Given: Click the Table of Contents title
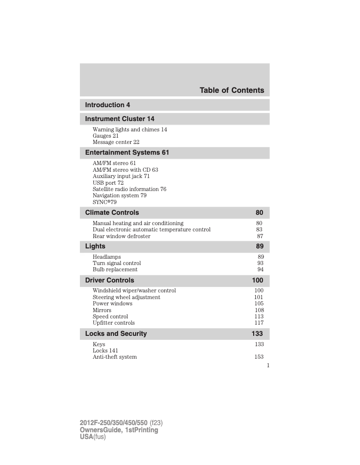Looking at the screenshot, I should pos(232,90).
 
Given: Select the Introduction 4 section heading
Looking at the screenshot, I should pos(108,105).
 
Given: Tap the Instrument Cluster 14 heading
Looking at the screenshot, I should pos(119,119).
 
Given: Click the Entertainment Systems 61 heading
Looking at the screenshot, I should pos(127,152).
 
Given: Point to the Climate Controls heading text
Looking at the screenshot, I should pos(112,213).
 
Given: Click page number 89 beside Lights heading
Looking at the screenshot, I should pos(260,246).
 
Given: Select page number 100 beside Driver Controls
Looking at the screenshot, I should pos(258,280).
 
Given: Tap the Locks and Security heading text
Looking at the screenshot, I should pos(116,334).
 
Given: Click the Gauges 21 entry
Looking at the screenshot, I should pos(105,136).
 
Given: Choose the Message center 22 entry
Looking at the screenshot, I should pos(116,142).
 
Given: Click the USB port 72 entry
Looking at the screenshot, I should pos(108,183).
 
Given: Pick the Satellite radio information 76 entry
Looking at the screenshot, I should pos(129,189).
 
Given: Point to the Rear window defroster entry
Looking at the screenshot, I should pos(121,236).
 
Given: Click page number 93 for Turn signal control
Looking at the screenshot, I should pos(260,263).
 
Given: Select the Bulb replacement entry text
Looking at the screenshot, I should pos(115,269).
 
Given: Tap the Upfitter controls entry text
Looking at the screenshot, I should pos(114,323).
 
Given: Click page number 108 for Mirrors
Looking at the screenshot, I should pos(259,310).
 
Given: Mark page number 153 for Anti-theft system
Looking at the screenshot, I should pos(259,357).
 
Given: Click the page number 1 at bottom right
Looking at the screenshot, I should pos(268,365).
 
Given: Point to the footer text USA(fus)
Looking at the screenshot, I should pos(92,437).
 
